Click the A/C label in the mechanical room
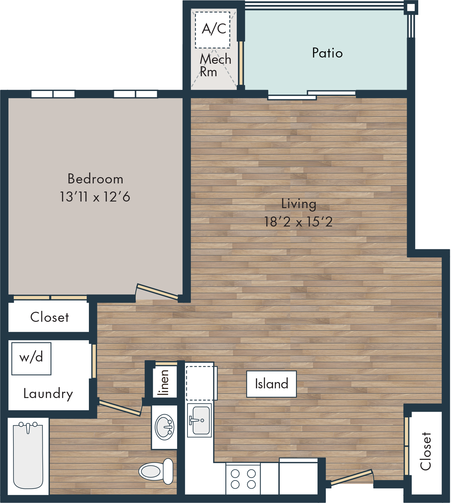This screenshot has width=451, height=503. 214,29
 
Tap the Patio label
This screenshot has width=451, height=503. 327,53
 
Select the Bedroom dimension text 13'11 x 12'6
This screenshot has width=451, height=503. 95,197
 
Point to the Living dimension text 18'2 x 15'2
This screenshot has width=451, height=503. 298,222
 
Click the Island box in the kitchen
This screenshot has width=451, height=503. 271,384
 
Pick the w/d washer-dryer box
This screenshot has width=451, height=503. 31,359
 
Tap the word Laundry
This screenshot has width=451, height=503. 48,394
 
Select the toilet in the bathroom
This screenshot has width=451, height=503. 156,471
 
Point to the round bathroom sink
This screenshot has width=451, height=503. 164,427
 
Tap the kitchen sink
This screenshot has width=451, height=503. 200,420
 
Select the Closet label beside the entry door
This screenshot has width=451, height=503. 425,451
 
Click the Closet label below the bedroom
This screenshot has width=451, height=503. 50,317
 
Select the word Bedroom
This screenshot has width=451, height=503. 95,179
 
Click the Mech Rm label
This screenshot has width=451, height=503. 215,65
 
